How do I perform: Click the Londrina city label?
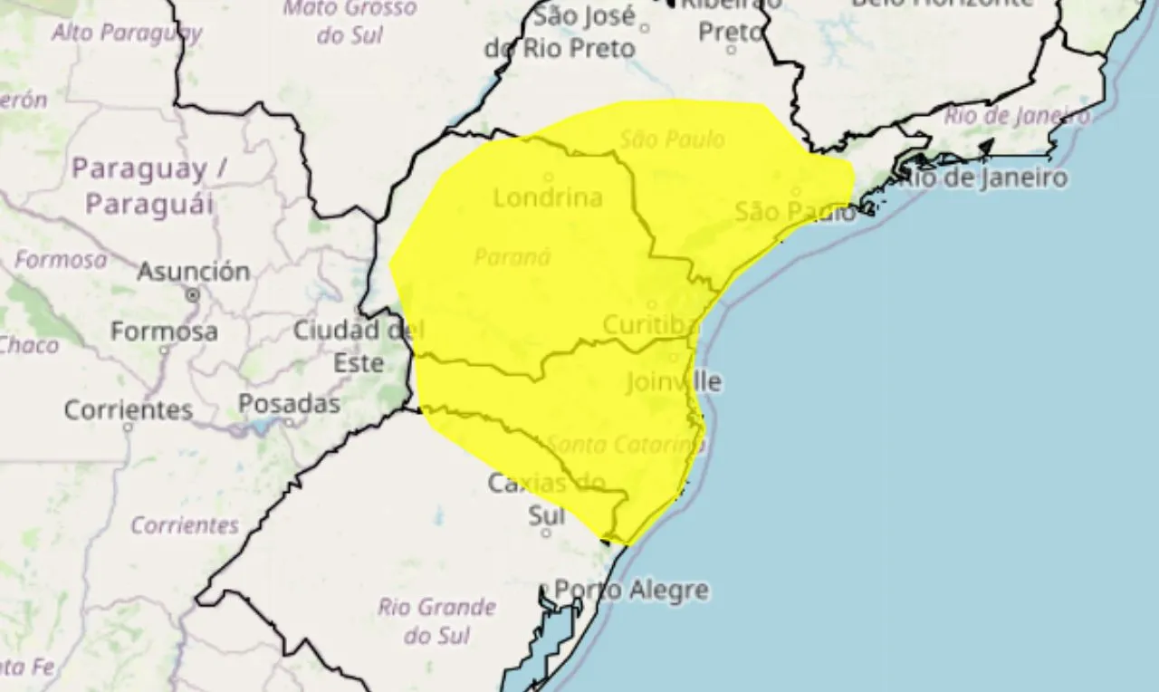[x=548, y=197]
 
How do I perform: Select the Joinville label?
[x=674, y=381]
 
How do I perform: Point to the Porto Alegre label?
[x=631, y=591]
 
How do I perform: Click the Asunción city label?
[x=193, y=271]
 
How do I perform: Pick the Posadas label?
[x=289, y=403]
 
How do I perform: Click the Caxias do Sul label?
[x=546, y=498]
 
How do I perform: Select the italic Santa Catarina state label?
[x=626, y=445]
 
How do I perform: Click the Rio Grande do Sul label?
[x=436, y=620]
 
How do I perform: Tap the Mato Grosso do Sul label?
[x=350, y=21]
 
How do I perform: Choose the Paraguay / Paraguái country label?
[x=150, y=186]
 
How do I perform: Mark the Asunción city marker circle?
[x=193, y=295]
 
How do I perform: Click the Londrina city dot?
[x=548, y=177]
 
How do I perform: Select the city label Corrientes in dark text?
[x=128, y=409]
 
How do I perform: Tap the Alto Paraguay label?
[x=127, y=33]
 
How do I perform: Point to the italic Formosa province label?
[x=60, y=260]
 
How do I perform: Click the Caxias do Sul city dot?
[x=546, y=533]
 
